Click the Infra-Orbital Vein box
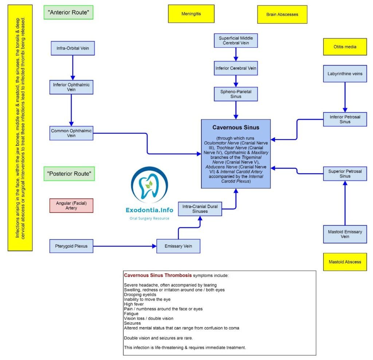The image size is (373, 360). click(x=73, y=48)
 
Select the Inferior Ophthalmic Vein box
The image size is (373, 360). click(x=71, y=87)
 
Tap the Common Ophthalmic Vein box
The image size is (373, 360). click(x=71, y=133)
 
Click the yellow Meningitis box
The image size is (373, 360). click(x=191, y=14)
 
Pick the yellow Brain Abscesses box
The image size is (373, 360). click(x=282, y=14)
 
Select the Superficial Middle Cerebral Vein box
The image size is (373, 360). click(x=236, y=40)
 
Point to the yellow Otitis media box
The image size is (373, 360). click(x=345, y=47)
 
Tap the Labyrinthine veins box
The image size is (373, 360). click(x=345, y=74)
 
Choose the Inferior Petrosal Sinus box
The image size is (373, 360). click(x=345, y=119)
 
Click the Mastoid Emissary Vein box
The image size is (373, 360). click(x=345, y=234)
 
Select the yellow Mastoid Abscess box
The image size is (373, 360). click(x=345, y=262)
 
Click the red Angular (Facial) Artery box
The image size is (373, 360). click(x=71, y=206)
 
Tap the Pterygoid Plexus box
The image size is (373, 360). click(x=71, y=246)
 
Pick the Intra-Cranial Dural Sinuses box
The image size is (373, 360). click(x=200, y=209)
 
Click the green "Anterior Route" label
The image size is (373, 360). click(x=68, y=12)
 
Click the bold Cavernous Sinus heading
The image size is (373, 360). click(x=236, y=127)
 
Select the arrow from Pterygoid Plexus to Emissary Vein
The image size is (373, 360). click(x=124, y=246)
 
